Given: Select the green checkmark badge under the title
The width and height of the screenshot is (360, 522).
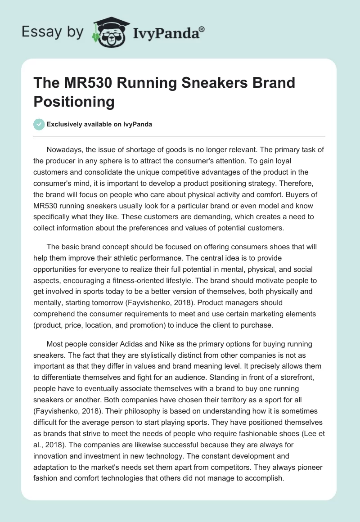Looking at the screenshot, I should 39,124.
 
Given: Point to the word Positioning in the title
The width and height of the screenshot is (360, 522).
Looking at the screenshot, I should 74,102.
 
